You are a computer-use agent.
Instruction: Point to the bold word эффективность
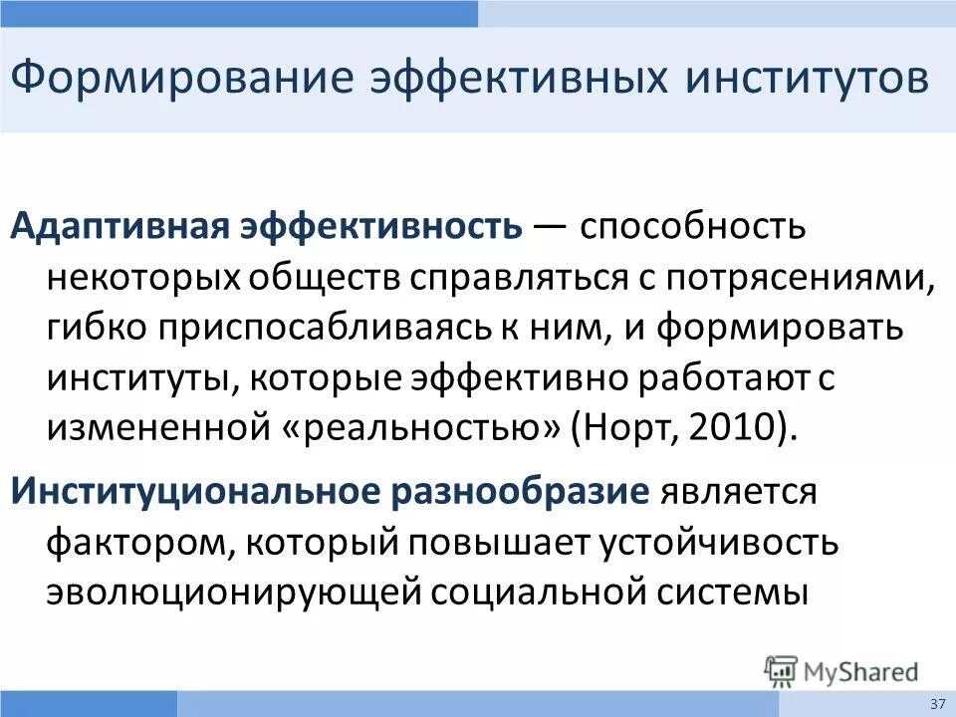[380, 227]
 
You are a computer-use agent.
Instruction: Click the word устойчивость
[718, 542]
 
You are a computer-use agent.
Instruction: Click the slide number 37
[937, 703]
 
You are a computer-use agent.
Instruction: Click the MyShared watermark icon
[782, 671]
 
